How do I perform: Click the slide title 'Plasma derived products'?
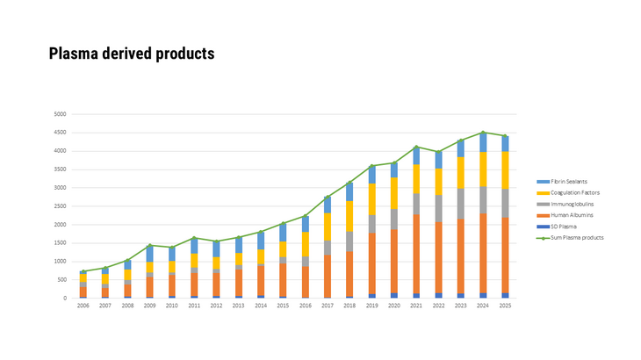(132, 54)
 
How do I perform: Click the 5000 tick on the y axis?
(59, 114)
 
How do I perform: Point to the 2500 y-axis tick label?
(59, 206)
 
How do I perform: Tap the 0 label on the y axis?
(63, 299)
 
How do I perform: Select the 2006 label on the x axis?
(83, 306)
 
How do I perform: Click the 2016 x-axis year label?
(306, 306)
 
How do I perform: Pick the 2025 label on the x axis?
(505, 306)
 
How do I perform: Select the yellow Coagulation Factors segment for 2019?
(371, 199)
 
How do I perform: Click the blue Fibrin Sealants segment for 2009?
(149, 254)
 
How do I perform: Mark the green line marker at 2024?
(483, 133)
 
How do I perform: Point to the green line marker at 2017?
(327, 198)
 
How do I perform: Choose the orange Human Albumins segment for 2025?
(505, 255)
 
